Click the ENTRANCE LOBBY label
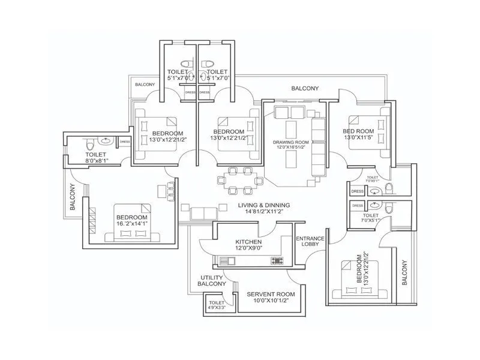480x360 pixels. tap(310, 242)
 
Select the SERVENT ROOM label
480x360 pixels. tap(271, 294)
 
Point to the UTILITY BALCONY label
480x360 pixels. tap(211, 281)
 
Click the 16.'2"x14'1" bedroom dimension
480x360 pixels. tap(131, 224)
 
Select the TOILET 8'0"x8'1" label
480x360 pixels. tap(95, 157)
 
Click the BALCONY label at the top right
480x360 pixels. tap(305, 88)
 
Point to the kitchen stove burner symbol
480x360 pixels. tap(277, 260)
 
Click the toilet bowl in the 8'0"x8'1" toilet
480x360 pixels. tap(89, 144)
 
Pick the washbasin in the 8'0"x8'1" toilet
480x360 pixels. tap(107, 142)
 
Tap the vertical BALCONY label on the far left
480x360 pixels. tap(72, 197)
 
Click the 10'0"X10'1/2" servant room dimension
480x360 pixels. tap(271, 301)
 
